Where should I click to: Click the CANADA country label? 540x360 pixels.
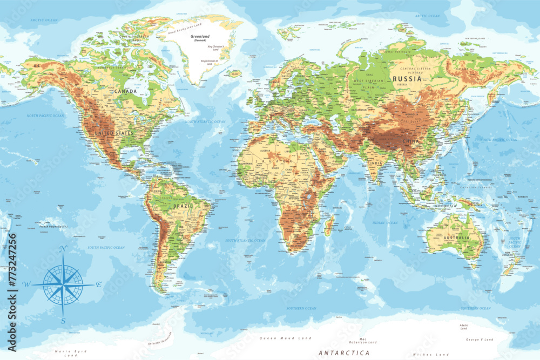tap(126, 91)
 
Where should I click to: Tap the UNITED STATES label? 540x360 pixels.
tap(114, 133)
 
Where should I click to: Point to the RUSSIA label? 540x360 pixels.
tap(407, 79)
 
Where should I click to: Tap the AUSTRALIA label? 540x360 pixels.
tap(456, 237)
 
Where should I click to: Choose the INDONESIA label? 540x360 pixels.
tap(444, 206)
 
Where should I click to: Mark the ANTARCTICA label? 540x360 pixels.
tap(345, 352)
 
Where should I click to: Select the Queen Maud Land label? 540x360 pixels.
tap(286, 338)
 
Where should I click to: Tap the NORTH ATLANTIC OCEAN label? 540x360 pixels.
tap(205, 122)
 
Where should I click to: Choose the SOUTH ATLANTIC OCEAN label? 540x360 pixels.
tap(245, 240)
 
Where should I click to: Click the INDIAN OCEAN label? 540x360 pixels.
tap(384, 222)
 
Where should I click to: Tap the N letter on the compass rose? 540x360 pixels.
tap(62, 249)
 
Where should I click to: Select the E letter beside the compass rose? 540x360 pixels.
tap(99, 284)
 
